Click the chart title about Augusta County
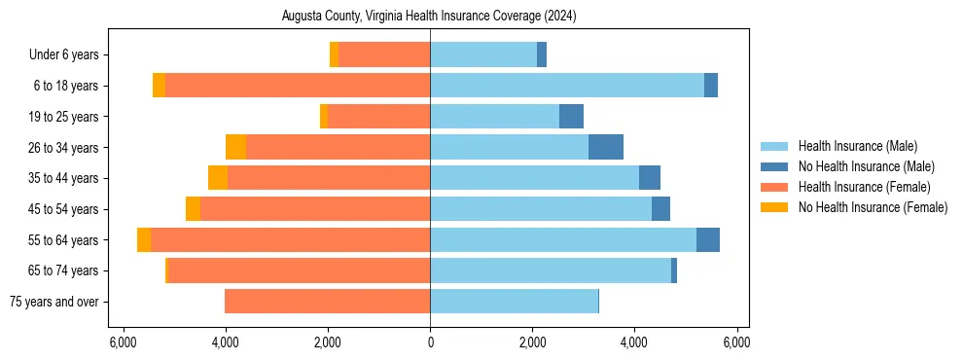(x=429, y=17)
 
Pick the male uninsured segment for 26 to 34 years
(x=606, y=147)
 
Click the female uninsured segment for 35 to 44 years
(x=218, y=178)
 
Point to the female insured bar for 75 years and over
(x=327, y=302)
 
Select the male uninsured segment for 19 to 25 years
(x=571, y=117)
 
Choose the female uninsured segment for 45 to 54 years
(x=193, y=209)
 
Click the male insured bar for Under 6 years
(x=483, y=55)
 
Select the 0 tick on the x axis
(x=430, y=342)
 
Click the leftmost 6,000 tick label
(x=123, y=342)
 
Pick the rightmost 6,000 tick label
(x=736, y=342)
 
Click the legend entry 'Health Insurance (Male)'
(x=857, y=146)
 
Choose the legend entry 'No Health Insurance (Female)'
(x=873, y=207)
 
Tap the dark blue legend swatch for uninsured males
(x=774, y=166)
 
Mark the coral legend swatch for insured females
(x=774, y=187)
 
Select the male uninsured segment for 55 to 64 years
(x=708, y=239)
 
